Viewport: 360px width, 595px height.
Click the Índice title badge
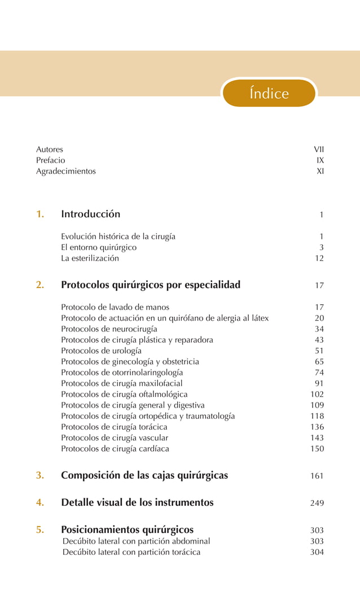(x=269, y=93)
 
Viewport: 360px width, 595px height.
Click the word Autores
(x=50, y=150)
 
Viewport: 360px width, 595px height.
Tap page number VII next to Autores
(x=319, y=150)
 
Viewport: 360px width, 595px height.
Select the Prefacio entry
(x=51, y=160)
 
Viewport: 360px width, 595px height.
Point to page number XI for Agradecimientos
(x=321, y=171)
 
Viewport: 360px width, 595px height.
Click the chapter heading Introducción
(x=90, y=214)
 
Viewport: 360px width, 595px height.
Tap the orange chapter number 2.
(x=40, y=285)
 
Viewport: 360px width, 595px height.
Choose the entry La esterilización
(x=90, y=258)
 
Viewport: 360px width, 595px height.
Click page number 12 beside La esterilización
(x=319, y=259)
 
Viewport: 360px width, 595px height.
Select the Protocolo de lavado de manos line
(x=115, y=308)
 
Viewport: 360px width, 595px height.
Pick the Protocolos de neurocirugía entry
(x=109, y=329)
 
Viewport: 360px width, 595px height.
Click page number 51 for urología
(x=319, y=351)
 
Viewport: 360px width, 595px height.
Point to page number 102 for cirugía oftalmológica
(x=318, y=395)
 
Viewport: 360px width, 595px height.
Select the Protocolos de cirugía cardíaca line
(x=115, y=449)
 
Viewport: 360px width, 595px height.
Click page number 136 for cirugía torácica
(x=318, y=427)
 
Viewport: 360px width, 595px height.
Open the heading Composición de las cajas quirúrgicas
(x=144, y=475)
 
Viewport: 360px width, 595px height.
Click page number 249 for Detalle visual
(x=317, y=503)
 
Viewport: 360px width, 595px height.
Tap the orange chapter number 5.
(x=40, y=530)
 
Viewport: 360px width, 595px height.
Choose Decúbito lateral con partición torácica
(x=131, y=552)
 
